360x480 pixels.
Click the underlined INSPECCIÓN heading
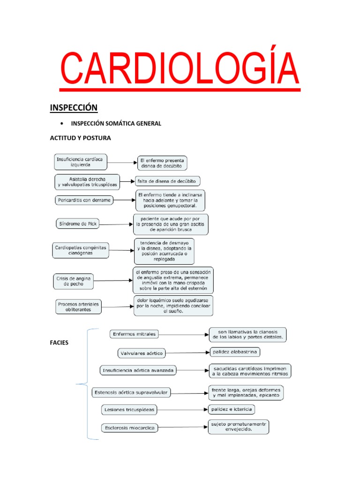(x=74, y=108)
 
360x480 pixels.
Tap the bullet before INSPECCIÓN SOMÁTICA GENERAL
(x=62, y=124)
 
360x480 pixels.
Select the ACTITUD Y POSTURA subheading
(x=80, y=138)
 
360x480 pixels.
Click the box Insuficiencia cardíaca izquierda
(x=81, y=162)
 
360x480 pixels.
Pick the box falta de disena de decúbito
(x=167, y=181)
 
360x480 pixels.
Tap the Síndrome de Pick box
(x=77, y=224)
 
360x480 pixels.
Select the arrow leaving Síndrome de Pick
(x=116, y=225)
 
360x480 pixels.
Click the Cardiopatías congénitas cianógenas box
(x=80, y=250)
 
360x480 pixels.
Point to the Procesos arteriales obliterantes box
(x=78, y=307)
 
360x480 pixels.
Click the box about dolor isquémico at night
(x=173, y=305)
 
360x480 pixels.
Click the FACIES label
(x=59, y=343)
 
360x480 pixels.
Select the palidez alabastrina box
(x=234, y=352)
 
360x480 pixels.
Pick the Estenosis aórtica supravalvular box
(x=131, y=392)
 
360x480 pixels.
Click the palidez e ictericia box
(x=232, y=409)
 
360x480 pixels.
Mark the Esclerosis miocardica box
(x=129, y=427)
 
